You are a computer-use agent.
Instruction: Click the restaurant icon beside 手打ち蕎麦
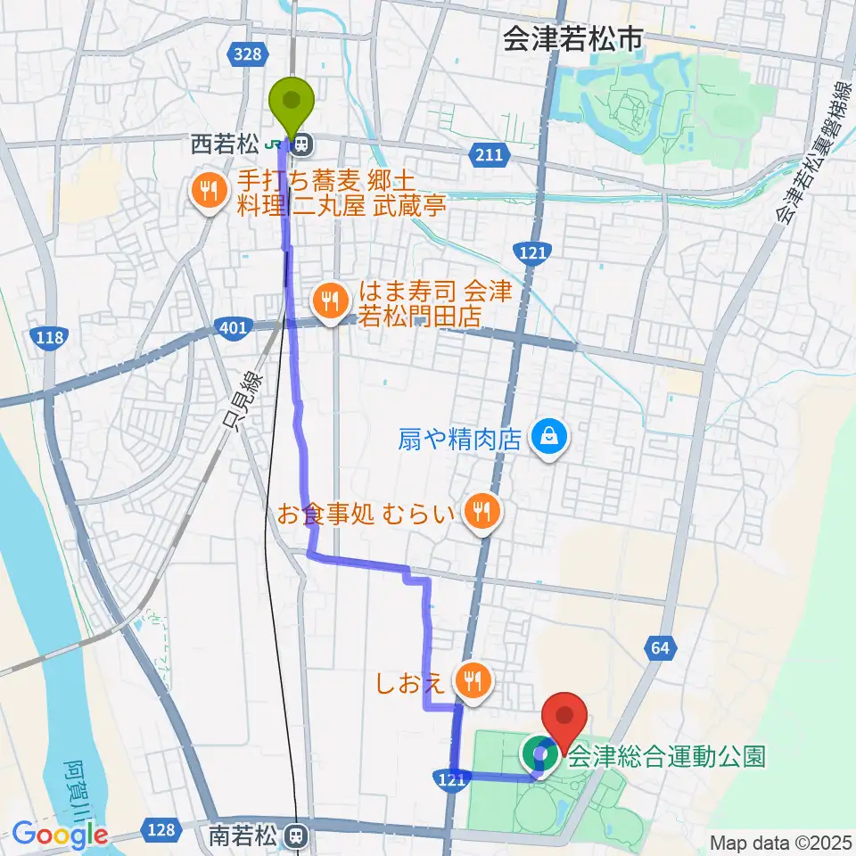(x=207, y=190)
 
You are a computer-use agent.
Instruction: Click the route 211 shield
(x=488, y=156)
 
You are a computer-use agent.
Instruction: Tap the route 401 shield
(x=231, y=330)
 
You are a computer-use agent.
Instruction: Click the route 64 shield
(x=660, y=649)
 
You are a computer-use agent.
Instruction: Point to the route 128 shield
(x=160, y=830)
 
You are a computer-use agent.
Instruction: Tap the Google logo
(x=60, y=835)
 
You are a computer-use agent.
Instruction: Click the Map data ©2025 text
(x=779, y=843)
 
